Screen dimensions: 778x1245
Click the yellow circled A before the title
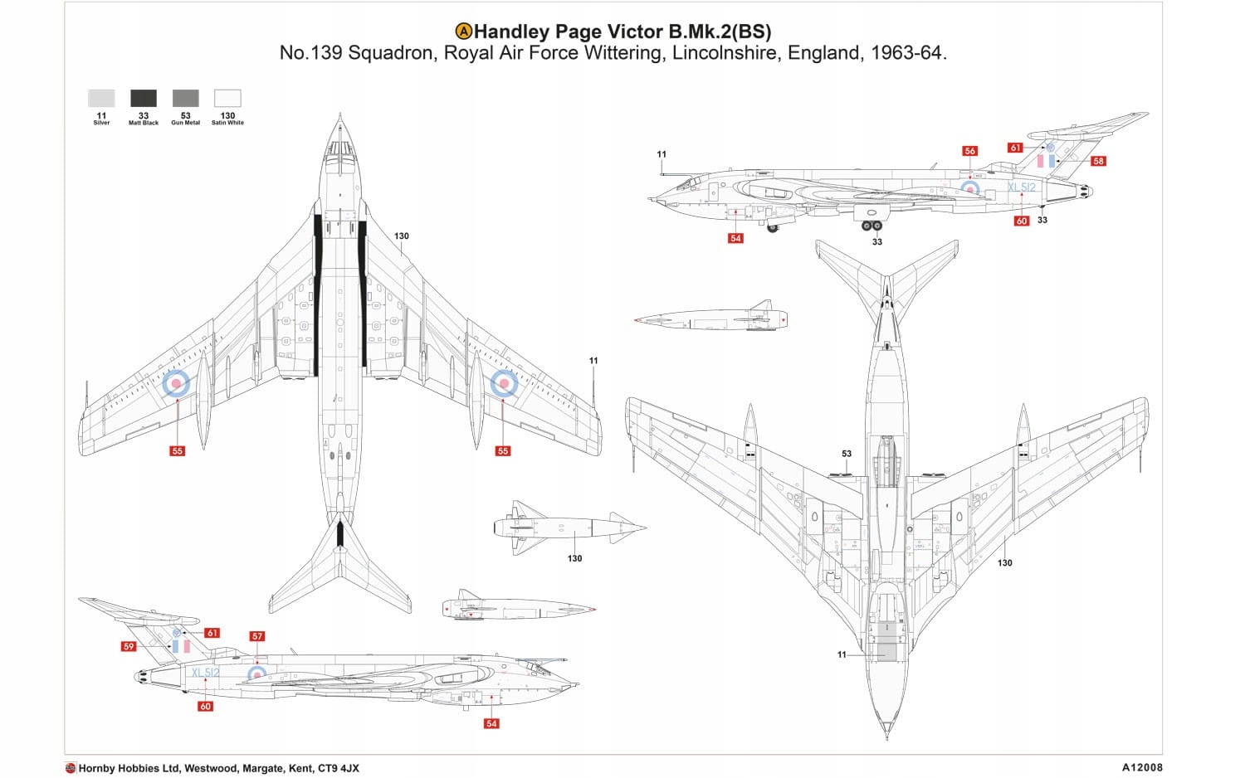point(464,32)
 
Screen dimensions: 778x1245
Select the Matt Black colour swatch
point(144,98)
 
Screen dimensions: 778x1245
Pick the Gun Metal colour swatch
point(185,98)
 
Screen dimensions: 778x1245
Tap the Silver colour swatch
point(101,98)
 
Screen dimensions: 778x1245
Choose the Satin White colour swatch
point(227,98)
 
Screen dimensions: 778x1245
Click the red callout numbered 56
point(969,151)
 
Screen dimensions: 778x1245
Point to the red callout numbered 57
point(257,636)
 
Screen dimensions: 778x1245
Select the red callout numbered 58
point(1098,161)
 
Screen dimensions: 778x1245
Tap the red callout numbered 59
point(128,646)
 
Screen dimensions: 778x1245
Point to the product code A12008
point(1145,768)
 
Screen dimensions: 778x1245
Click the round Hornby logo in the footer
point(71,768)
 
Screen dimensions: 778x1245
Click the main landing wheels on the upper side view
point(871,225)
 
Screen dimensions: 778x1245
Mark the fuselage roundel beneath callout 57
point(258,673)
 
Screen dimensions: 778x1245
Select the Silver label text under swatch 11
point(101,123)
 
